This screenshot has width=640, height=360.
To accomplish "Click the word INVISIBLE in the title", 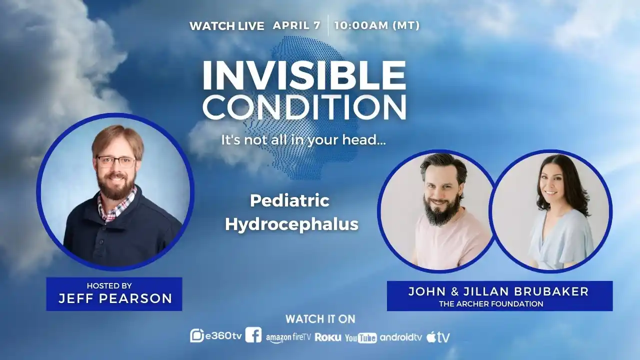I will coord(304,75).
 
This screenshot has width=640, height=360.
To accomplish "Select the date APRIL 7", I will coord(296,25).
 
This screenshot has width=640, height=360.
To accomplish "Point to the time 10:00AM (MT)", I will coord(377,25).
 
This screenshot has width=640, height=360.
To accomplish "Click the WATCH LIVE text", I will coord(226,26).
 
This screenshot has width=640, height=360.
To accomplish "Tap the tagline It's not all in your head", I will coord(303,140).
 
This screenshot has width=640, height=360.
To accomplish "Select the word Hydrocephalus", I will coord(291,224).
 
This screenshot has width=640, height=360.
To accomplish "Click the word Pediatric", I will coord(289,201).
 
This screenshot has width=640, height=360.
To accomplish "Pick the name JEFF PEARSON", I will coord(115,299).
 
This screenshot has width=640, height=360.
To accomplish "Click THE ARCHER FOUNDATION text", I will coord(491,303).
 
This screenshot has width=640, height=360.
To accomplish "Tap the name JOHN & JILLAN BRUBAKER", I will coord(498,291).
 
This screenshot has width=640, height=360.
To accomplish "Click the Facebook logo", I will coord(253,335).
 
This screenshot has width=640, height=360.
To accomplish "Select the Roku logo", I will coord(328,337).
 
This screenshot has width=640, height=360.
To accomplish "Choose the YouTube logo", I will coord(360,338).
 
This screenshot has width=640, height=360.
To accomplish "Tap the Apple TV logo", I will coord(438,337).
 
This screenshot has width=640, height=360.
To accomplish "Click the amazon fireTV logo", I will coord(288,337).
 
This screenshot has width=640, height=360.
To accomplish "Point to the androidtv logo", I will coord(401,337).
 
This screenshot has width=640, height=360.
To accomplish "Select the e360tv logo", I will coord(216,336).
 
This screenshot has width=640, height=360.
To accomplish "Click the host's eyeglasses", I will coord(116,161).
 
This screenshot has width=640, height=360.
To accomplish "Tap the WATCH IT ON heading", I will coord(320,319).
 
